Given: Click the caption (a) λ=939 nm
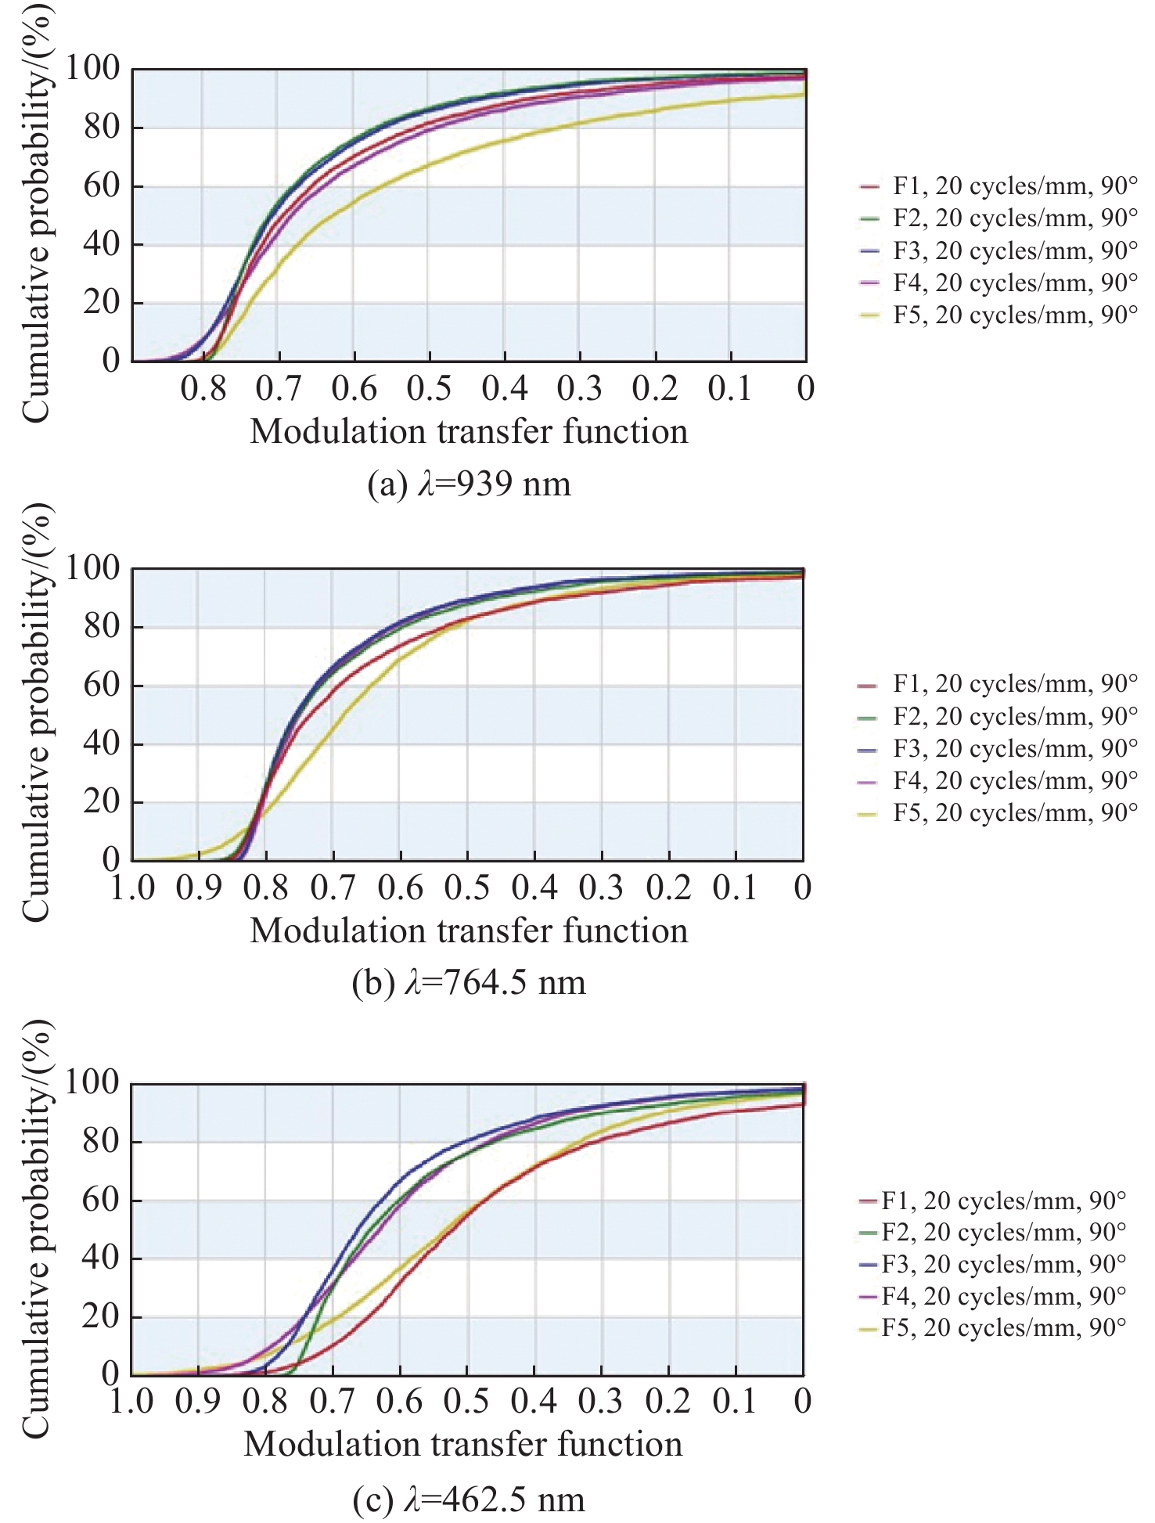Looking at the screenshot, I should (470, 484).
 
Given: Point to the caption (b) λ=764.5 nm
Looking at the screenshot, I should (470, 983).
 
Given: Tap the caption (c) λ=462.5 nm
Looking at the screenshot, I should (470, 1500).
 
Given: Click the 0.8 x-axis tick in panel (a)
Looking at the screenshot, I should (203, 388).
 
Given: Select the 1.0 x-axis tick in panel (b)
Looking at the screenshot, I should (132, 888).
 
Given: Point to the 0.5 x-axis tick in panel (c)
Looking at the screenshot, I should (466, 1402).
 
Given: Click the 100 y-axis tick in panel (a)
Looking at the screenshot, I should (92, 69).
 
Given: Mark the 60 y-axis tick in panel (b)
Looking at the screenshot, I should (102, 686).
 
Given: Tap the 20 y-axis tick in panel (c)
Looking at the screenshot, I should (102, 1316).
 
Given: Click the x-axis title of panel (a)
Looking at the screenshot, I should (469, 432).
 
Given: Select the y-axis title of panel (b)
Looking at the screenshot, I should (35, 712).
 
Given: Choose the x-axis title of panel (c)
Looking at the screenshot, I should (463, 1445).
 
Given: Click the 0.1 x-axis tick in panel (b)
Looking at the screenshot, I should (736, 888).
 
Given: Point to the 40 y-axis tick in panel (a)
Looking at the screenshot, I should (102, 244).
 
